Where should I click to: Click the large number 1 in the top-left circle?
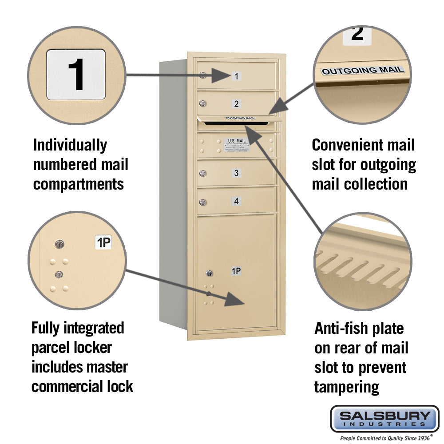tap(76, 74)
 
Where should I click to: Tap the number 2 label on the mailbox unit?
tap(237, 104)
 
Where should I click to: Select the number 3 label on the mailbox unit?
tap(236, 173)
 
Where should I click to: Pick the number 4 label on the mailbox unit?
tap(236, 201)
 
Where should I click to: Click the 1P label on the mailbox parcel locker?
tap(236, 270)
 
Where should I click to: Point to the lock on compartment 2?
tap(203, 104)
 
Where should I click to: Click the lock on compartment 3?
tap(203, 174)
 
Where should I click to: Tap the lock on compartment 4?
tap(203, 202)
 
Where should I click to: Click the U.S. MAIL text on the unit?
tap(237, 141)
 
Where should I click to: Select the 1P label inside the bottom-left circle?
tap(103, 242)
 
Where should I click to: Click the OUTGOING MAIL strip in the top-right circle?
tap(363, 70)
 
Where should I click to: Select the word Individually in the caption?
tap(70, 145)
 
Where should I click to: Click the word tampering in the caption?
tap(346, 387)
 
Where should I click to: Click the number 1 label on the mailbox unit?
tap(237, 76)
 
